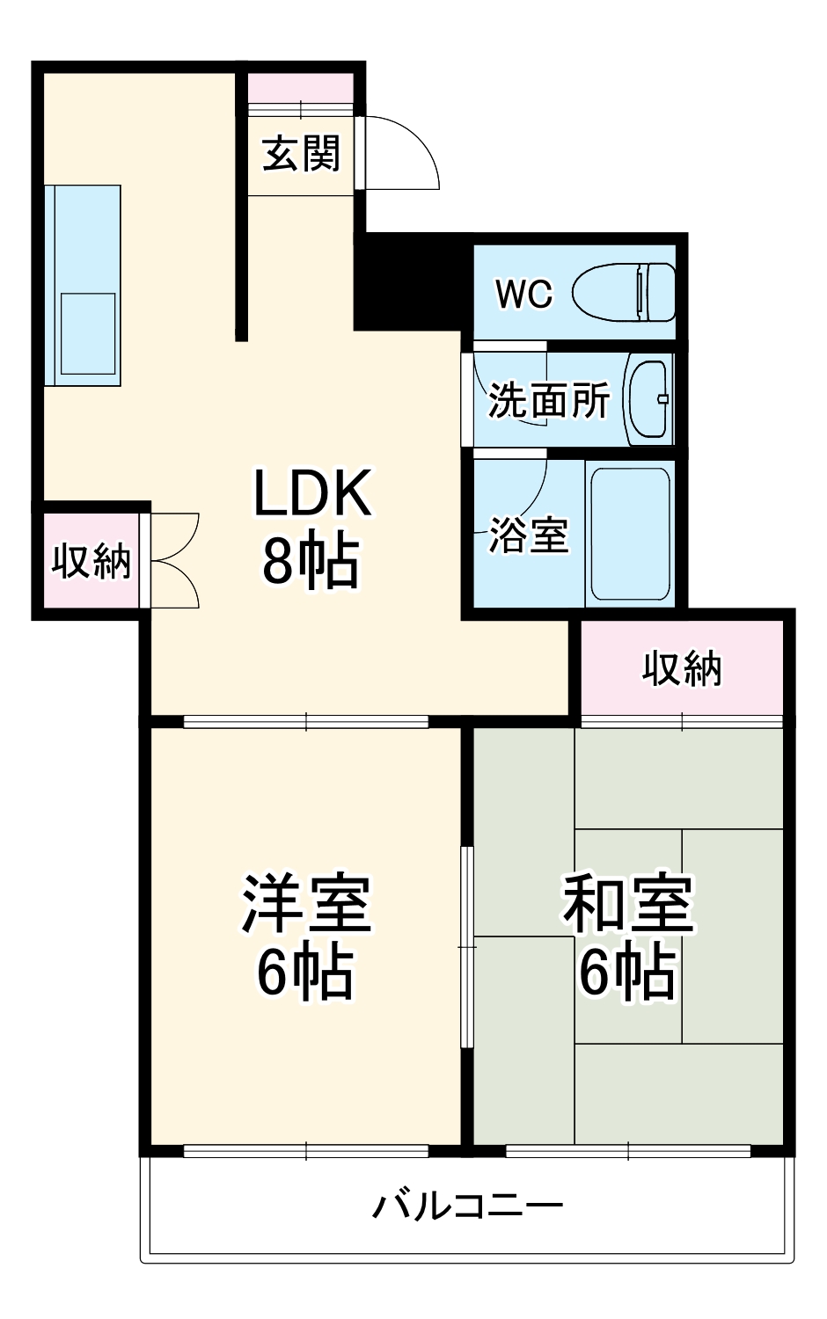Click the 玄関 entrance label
[x=301, y=154]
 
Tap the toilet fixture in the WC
[x=624, y=292]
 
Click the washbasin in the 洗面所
[x=649, y=399]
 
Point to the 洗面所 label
[x=549, y=401]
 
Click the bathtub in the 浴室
[x=630, y=534]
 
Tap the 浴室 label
[x=529, y=535]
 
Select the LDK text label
[x=312, y=493]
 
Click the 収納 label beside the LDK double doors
[x=91, y=560]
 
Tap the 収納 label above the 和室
[x=682, y=669]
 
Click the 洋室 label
[x=306, y=904]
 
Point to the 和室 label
[x=628, y=904]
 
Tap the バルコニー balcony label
[x=467, y=1205]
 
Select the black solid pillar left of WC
[x=409, y=281]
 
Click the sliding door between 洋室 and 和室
[x=467, y=946]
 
